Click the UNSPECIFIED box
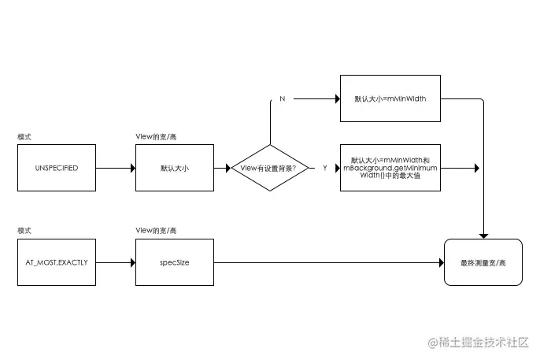click(56, 168)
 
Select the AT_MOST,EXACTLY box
click(56, 262)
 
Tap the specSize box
click(174, 262)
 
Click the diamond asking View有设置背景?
click(269, 169)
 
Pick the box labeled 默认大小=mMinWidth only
click(390, 99)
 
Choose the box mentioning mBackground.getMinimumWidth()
click(390, 169)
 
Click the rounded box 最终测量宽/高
click(483, 262)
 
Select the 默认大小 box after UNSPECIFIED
click(174, 168)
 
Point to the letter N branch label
click(282, 100)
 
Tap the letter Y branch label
click(324, 169)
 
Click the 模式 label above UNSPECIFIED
click(24, 136)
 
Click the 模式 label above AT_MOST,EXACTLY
click(24, 230)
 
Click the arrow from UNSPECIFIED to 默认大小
click(115, 168)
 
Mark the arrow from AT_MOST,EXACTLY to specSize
click(115, 262)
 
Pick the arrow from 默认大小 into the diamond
click(222, 168)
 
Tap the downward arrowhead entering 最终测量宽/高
click(483, 235)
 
